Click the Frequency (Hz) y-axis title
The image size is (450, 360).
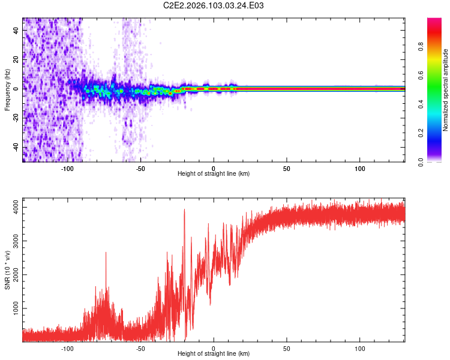click(7, 90)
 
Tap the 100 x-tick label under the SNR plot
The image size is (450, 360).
click(360, 348)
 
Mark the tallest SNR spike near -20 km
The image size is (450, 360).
click(184, 209)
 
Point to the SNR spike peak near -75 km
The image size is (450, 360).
click(106, 253)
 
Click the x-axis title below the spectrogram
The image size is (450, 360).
click(214, 174)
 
